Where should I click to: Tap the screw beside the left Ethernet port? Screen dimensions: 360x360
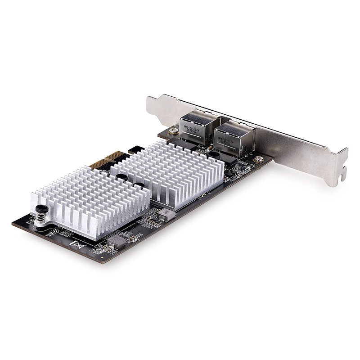click(x=173, y=131)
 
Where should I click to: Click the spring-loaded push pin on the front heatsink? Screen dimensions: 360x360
click(x=42, y=210)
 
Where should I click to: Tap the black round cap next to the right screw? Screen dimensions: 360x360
click(x=215, y=154)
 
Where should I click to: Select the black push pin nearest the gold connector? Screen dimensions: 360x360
click(x=122, y=177)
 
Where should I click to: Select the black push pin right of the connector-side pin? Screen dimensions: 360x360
click(x=139, y=185)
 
